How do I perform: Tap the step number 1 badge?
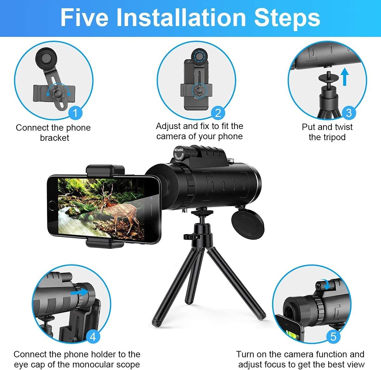point(76,113)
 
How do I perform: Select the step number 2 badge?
point(218,113)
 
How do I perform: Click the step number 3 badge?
point(349,113)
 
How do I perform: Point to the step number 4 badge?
point(93,336)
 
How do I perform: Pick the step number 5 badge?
point(333,336)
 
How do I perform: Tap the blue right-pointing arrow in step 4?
point(79,292)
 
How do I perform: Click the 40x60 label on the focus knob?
point(178,150)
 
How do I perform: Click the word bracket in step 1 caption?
point(54,138)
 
